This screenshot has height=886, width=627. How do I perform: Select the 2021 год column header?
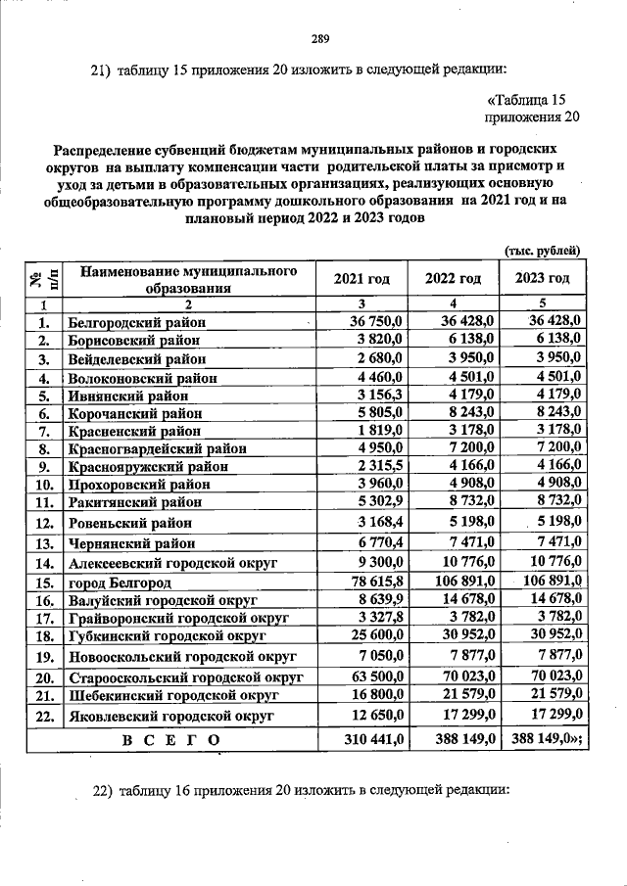tap(362, 279)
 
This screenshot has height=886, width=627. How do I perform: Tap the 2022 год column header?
tap(453, 279)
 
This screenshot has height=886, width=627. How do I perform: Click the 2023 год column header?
tap(542, 279)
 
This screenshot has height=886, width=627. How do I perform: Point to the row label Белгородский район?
tap(135, 321)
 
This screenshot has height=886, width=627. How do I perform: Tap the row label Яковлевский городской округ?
tap(170, 716)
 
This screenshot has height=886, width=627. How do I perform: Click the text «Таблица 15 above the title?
tap(525, 100)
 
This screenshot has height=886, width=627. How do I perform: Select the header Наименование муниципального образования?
tap(187, 279)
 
